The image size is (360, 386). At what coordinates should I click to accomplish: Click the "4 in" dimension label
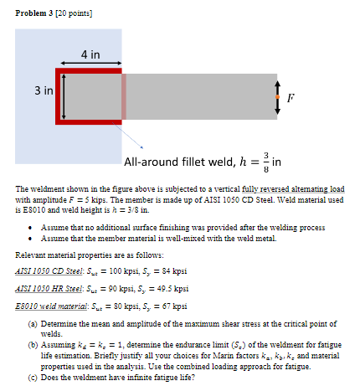(90, 55)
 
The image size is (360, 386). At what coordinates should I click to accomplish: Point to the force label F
(291, 97)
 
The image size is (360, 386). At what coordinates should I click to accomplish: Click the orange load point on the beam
(276, 96)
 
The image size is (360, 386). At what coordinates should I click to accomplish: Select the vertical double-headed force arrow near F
(276, 96)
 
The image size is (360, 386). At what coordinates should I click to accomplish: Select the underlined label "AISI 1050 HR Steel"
(49, 287)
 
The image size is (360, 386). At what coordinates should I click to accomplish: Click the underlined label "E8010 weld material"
(52, 306)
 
